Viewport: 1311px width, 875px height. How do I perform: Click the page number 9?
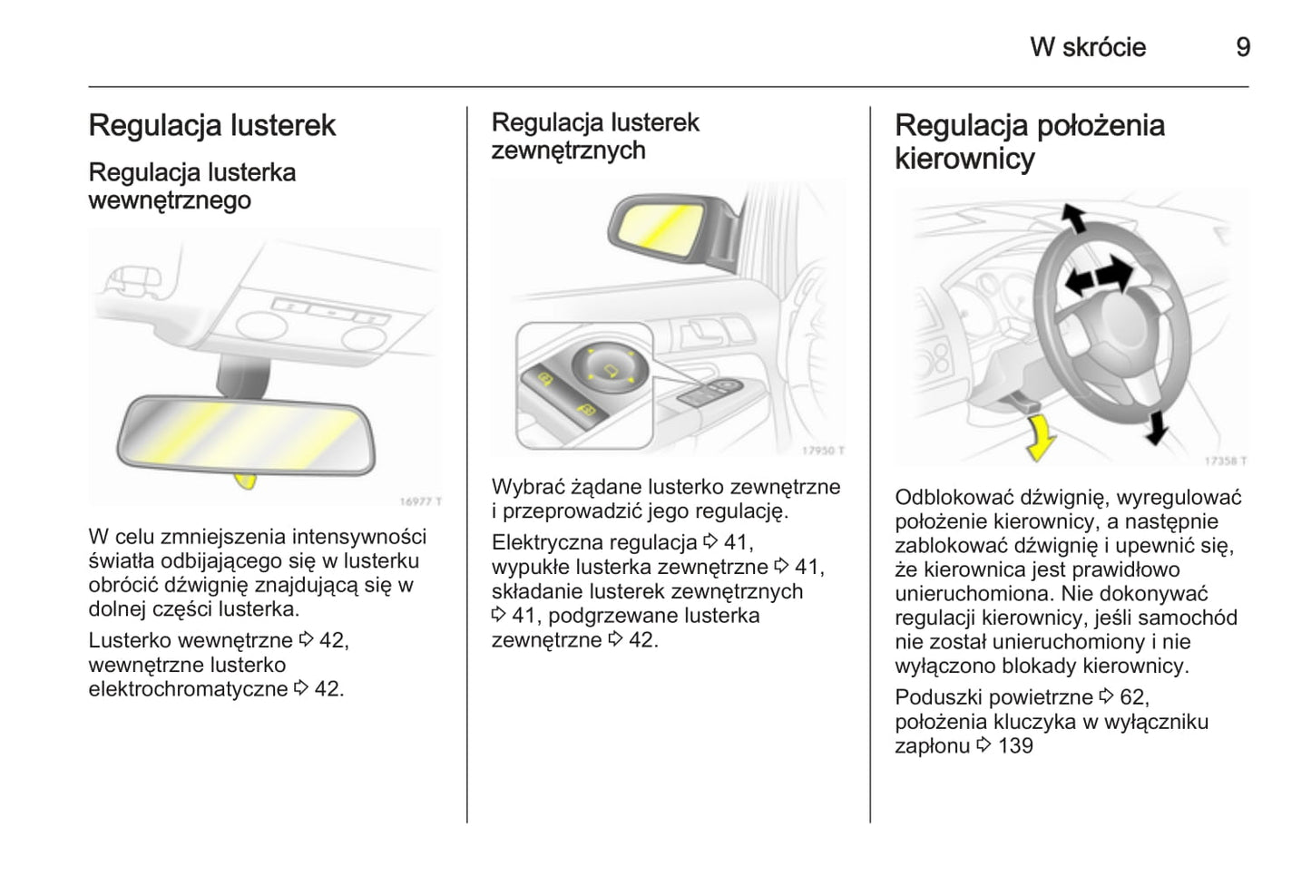[x=1243, y=47]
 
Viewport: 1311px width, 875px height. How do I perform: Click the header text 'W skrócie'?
[x=1088, y=47]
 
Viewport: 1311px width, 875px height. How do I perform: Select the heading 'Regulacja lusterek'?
[x=212, y=125]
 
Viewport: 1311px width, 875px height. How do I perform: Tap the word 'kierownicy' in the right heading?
[x=964, y=159]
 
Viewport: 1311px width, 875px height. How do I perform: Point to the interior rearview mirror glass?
[x=245, y=434]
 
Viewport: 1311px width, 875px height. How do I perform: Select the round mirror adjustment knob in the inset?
[x=610, y=368]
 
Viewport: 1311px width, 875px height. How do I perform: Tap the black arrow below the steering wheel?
[x=1155, y=427]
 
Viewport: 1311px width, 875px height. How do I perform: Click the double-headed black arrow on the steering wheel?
[x=1100, y=274]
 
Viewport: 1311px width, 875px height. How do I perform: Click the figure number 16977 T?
[x=420, y=501]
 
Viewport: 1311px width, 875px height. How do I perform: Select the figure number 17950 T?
[x=823, y=451]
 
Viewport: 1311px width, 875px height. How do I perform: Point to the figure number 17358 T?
[x=1225, y=461]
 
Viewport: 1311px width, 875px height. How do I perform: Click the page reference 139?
[x=1015, y=746]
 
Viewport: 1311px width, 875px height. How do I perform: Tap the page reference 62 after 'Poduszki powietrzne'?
[x=1132, y=697]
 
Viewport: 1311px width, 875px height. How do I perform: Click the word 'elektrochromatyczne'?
[x=188, y=689]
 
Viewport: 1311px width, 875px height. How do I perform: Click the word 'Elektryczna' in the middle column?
[x=547, y=543]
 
